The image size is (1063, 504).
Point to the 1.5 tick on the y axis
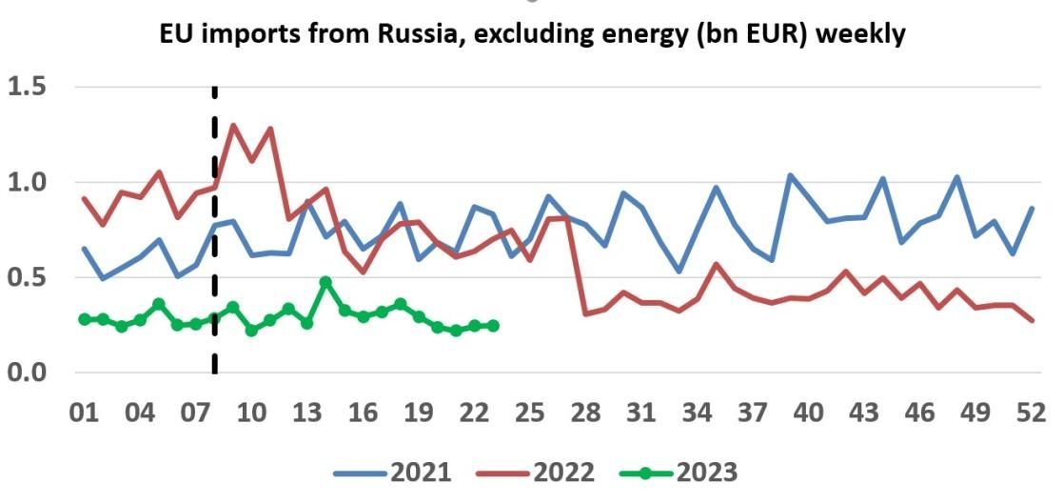pyautogui.click(x=30, y=87)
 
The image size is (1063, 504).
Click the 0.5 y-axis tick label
pyautogui.click(x=30, y=277)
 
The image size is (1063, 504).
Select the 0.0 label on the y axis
pyautogui.click(x=30, y=372)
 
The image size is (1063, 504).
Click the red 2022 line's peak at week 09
pyautogui.click(x=233, y=125)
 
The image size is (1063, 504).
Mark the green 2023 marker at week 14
pyautogui.click(x=325, y=282)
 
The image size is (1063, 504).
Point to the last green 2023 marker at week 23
pyautogui.click(x=493, y=326)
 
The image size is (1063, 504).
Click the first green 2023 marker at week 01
pyautogui.click(x=85, y=319)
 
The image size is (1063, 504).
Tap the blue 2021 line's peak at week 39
pyautogui.click(x=790, y=175)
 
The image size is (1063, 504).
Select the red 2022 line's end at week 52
pyautogui.click(x=1032, y=320)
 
